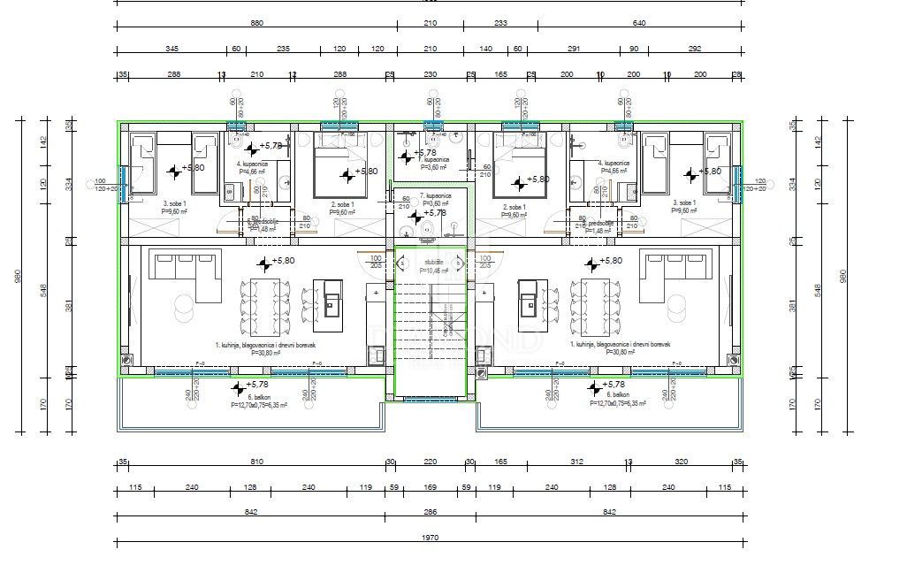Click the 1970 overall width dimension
point(430,537)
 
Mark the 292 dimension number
point(695,50)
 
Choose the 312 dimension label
point(576,462)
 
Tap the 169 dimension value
point(430,486)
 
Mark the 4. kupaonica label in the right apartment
point(613,164)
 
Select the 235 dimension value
point(283,50)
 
